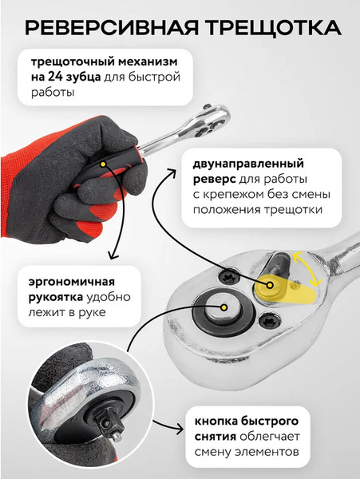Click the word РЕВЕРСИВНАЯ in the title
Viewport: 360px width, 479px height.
(x=113, y=27)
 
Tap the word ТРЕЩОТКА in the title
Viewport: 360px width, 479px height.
(x=274, y=27)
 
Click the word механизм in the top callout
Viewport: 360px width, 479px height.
(x=148, y=61)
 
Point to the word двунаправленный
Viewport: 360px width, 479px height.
(x=248, y=164)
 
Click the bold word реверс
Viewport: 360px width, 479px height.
(x=215, y=180)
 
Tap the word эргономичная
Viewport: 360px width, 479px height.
(x=72, y=281)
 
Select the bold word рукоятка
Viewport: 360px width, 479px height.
(x=56, y=297)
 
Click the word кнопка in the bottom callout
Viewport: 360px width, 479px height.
(x=216, y=422)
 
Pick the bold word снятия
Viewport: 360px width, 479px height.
(x=216, y=437)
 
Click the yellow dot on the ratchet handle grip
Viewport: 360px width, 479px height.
(x=103, y=164)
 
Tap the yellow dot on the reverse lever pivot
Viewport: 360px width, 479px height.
(x=270, y=285)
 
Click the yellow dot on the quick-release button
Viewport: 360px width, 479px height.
(x=224, y=307)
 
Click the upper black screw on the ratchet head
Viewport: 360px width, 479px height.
(x=228, y=277)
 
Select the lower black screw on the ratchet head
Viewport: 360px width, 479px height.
(x=269, y=321)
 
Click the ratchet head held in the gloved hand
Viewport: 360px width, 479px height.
(x=212, y=121)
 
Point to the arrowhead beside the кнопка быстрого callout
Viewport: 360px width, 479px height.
(x=179, y=428)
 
